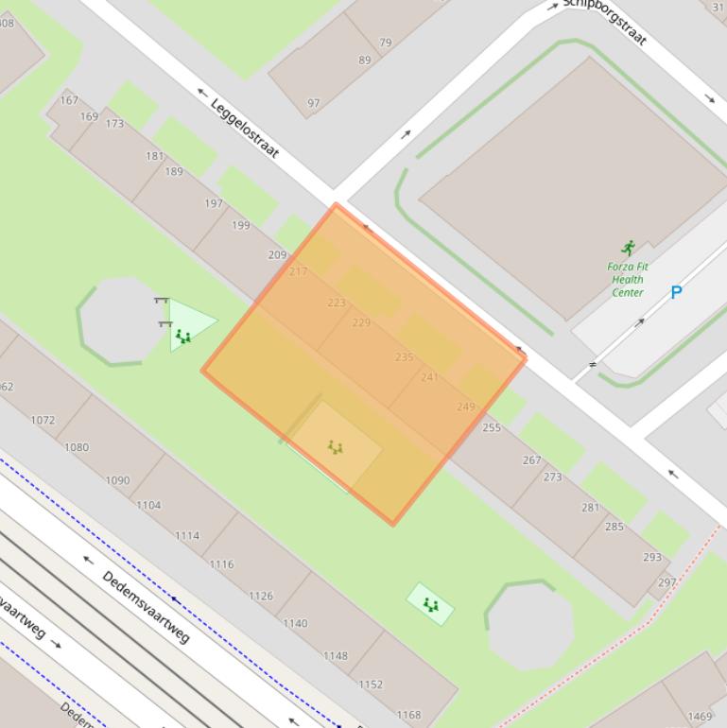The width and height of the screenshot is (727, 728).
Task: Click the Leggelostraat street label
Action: (245, 129)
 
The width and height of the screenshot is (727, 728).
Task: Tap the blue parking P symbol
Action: (676, 293)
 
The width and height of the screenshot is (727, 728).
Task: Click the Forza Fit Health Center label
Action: (628, 279)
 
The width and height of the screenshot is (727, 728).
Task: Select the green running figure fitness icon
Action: (629, 249)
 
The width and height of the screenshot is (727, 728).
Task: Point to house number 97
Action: (314, 104)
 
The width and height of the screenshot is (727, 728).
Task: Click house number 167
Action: (69, 100)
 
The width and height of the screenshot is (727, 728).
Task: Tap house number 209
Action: (277, 255)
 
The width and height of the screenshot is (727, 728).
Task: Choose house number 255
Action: (492, 427)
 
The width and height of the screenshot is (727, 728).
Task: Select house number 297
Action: (667, 582)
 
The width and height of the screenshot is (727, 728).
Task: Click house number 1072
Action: (43, 420)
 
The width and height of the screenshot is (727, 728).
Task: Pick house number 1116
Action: (221, 564)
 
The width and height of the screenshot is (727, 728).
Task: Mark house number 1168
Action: (408, 716)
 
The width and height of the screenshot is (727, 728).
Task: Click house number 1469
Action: (701, 717)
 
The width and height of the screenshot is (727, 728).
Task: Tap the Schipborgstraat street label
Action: (606, 22)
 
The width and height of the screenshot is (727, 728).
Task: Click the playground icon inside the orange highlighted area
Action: (335, 447)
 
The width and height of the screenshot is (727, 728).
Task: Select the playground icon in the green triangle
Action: (183, 336)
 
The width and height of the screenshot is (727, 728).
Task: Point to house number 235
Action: (405, 356)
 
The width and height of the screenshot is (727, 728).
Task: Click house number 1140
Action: (295, 623)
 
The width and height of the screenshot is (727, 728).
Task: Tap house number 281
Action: (591, 508)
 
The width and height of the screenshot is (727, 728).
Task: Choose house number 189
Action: (174, 172)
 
